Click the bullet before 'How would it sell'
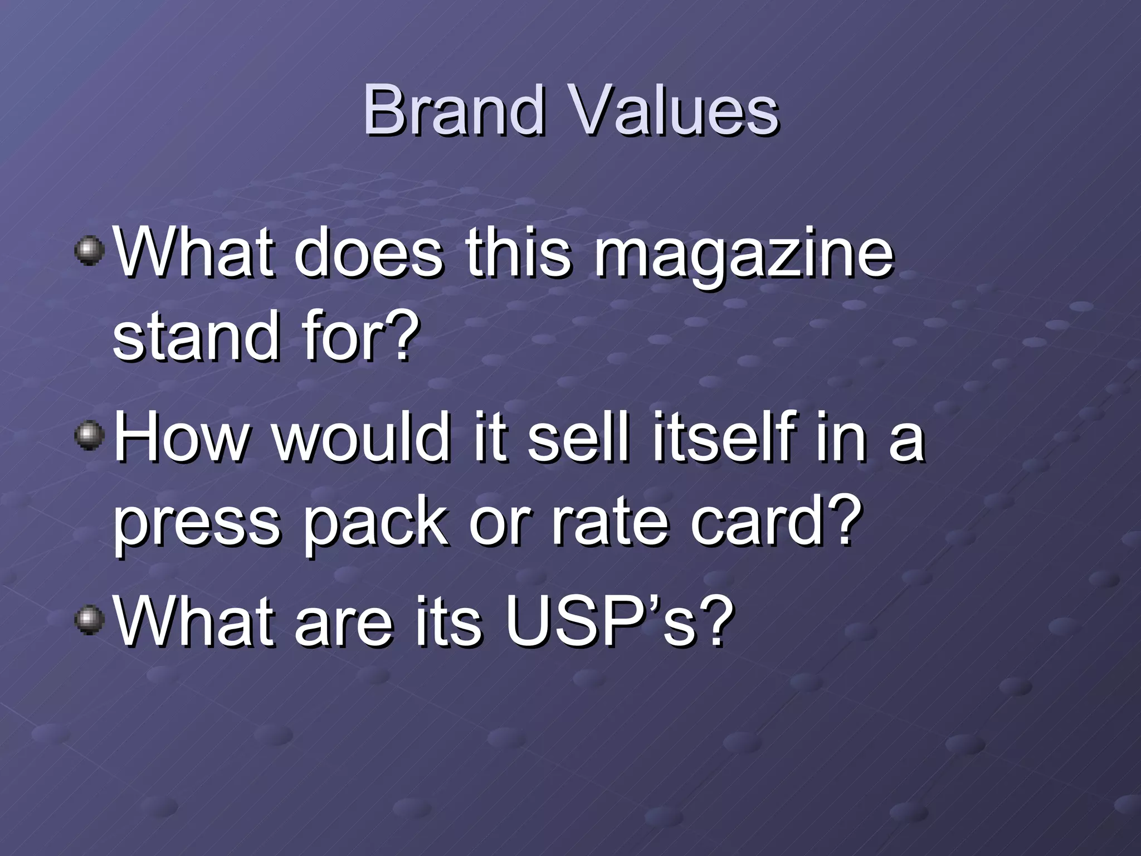coord(89,436)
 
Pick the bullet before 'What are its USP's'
coord(89,620)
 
